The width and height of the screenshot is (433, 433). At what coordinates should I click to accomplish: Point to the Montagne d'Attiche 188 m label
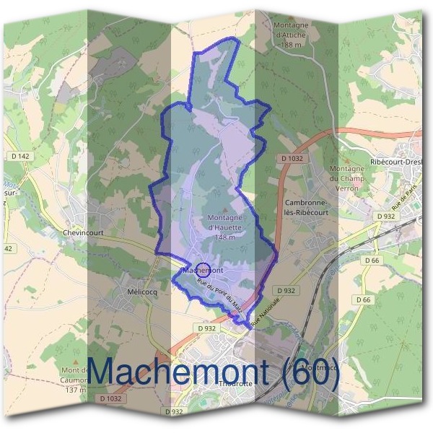pos(292,34)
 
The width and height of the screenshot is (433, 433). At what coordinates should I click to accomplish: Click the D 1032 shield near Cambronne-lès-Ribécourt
pos(292,157)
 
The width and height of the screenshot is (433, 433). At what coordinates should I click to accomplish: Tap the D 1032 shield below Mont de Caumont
pos(111,398)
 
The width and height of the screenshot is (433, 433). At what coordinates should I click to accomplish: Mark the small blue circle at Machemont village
pos(204,268)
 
